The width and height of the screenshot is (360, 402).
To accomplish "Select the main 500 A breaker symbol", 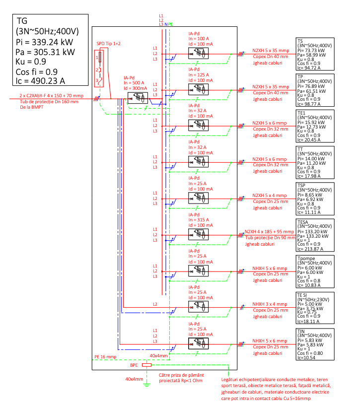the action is click(x=138, y=98).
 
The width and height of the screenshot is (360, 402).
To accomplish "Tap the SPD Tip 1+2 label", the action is click(x=109, y=44).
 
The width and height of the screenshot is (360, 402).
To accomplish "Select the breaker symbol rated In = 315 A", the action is click(x=198, y=234).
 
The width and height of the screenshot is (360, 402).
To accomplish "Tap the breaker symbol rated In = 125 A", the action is click(x=198, y=89).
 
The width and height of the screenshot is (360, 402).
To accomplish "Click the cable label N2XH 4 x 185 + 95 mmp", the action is click(x=269, y=231).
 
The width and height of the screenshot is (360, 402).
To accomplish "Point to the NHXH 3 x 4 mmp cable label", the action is click(x=270, y=304).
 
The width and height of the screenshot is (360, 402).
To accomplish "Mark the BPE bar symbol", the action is click(x=147, y=365).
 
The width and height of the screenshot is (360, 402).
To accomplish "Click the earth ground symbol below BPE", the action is click(x=147, y=384).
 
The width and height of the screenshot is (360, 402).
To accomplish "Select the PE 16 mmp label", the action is click(x=105, y=357).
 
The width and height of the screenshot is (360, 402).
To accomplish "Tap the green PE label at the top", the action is click(x=170, y=24).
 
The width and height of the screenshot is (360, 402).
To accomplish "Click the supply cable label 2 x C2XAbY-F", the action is click(x=51, y=96).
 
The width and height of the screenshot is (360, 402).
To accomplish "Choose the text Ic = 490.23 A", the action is click(x=40, y=81).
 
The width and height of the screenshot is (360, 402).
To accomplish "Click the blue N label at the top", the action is click(x=166, y=24).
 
